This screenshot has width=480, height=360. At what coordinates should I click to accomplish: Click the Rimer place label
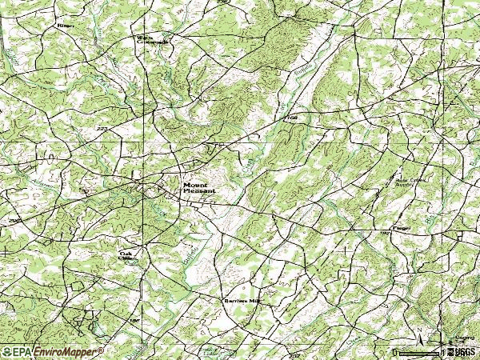pos(64,26)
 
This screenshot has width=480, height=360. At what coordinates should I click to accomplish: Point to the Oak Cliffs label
pos(126,255)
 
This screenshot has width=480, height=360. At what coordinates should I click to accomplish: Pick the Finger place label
pos(402,228)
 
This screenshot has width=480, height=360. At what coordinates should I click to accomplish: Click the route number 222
pos(102,129)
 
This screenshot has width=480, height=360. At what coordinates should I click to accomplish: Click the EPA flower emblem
pos(6,351)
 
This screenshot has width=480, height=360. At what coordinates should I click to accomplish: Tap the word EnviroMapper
pos(66,351)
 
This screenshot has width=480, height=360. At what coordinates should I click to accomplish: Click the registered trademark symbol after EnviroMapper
pos(101,350)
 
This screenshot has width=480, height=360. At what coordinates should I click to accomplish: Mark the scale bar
pos(421,350)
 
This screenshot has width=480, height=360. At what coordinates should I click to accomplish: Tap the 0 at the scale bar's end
pos(398,349)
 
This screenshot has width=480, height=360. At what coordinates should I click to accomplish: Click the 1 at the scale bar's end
pos(445,349)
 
